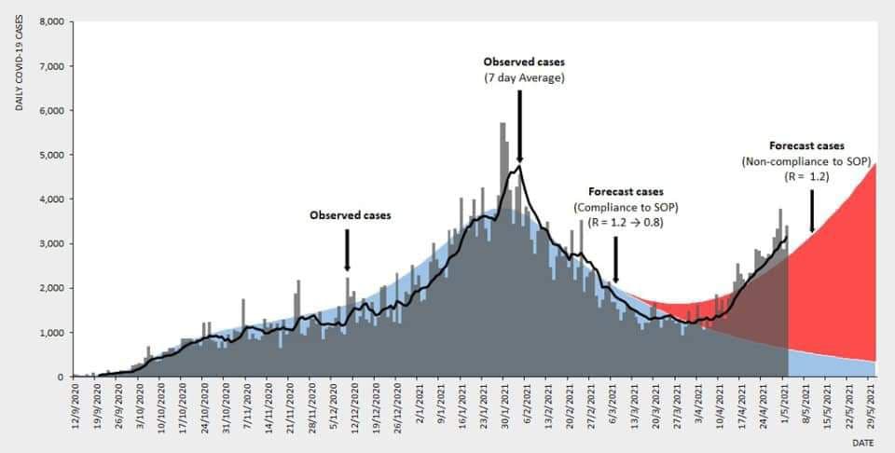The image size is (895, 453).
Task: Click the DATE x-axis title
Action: tap(864, 442)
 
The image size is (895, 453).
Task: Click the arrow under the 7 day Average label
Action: tap(519, 127)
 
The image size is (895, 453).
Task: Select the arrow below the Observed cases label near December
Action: tap(347, 250)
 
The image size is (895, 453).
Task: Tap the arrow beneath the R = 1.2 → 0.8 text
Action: tap(616, 259)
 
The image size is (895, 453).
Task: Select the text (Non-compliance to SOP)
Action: tap(806, 160)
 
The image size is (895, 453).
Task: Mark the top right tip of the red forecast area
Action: tap(876, 164)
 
